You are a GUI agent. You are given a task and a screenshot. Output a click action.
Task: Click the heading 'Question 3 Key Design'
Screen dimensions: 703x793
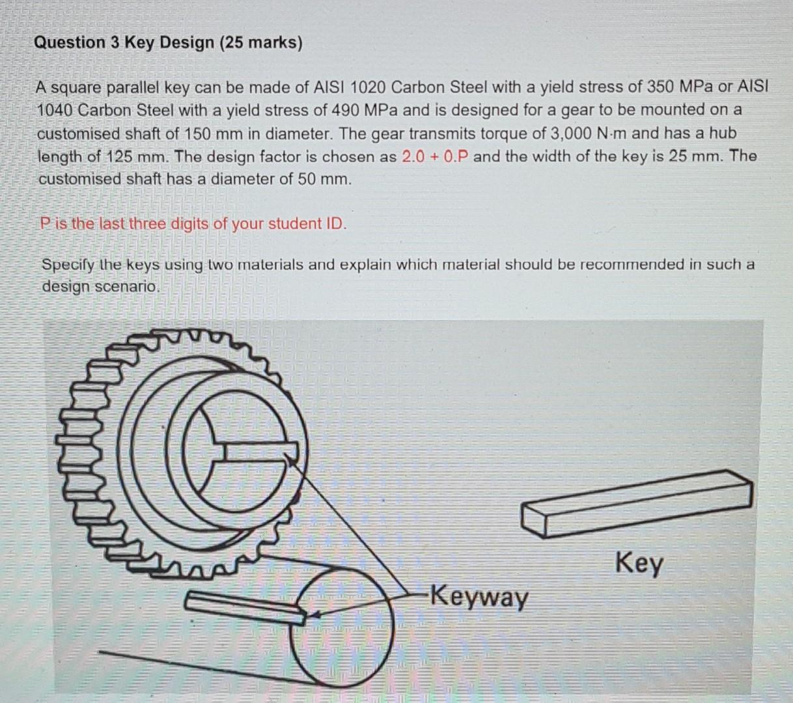124,43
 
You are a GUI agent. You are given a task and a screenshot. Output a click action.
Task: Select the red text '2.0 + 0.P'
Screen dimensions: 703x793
436,156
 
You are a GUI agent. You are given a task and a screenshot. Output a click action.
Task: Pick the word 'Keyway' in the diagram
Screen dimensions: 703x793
480,596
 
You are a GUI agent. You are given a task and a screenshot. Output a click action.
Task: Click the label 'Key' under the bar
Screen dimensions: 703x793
639,562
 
